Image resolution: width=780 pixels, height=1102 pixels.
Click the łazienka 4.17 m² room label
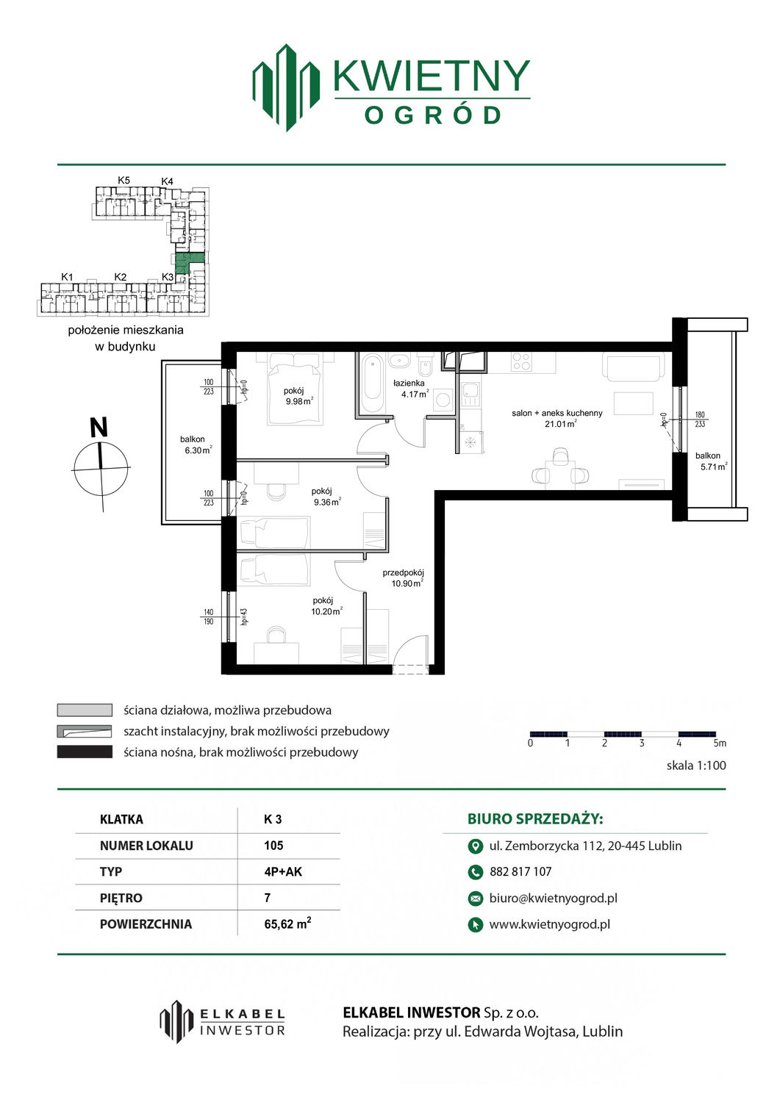(411, 388)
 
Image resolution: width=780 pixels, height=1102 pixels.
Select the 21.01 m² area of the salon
(560, 424)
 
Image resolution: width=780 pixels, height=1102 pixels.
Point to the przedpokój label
(404, 572)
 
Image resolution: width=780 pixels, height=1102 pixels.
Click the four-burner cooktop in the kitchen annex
(521, 362)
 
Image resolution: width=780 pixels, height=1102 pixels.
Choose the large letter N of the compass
(99, 428)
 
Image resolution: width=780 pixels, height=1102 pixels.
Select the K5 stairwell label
(124, 180)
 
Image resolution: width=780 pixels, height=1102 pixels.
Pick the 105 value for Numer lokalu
(273, 845)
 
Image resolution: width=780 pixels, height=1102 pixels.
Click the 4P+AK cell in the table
(283, 871)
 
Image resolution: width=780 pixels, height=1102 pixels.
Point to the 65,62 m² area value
(287, 923)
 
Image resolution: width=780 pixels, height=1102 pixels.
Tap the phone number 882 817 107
(520, 871)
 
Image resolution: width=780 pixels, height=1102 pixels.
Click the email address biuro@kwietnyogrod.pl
(554, 898)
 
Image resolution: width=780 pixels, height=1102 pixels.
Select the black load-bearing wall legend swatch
(85, 752)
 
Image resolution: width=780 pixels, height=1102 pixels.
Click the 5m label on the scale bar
(720, 743)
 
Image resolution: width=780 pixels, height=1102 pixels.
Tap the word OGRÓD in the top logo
(432, 115)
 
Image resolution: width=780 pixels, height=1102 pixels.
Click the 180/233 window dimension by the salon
(700, 419)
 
